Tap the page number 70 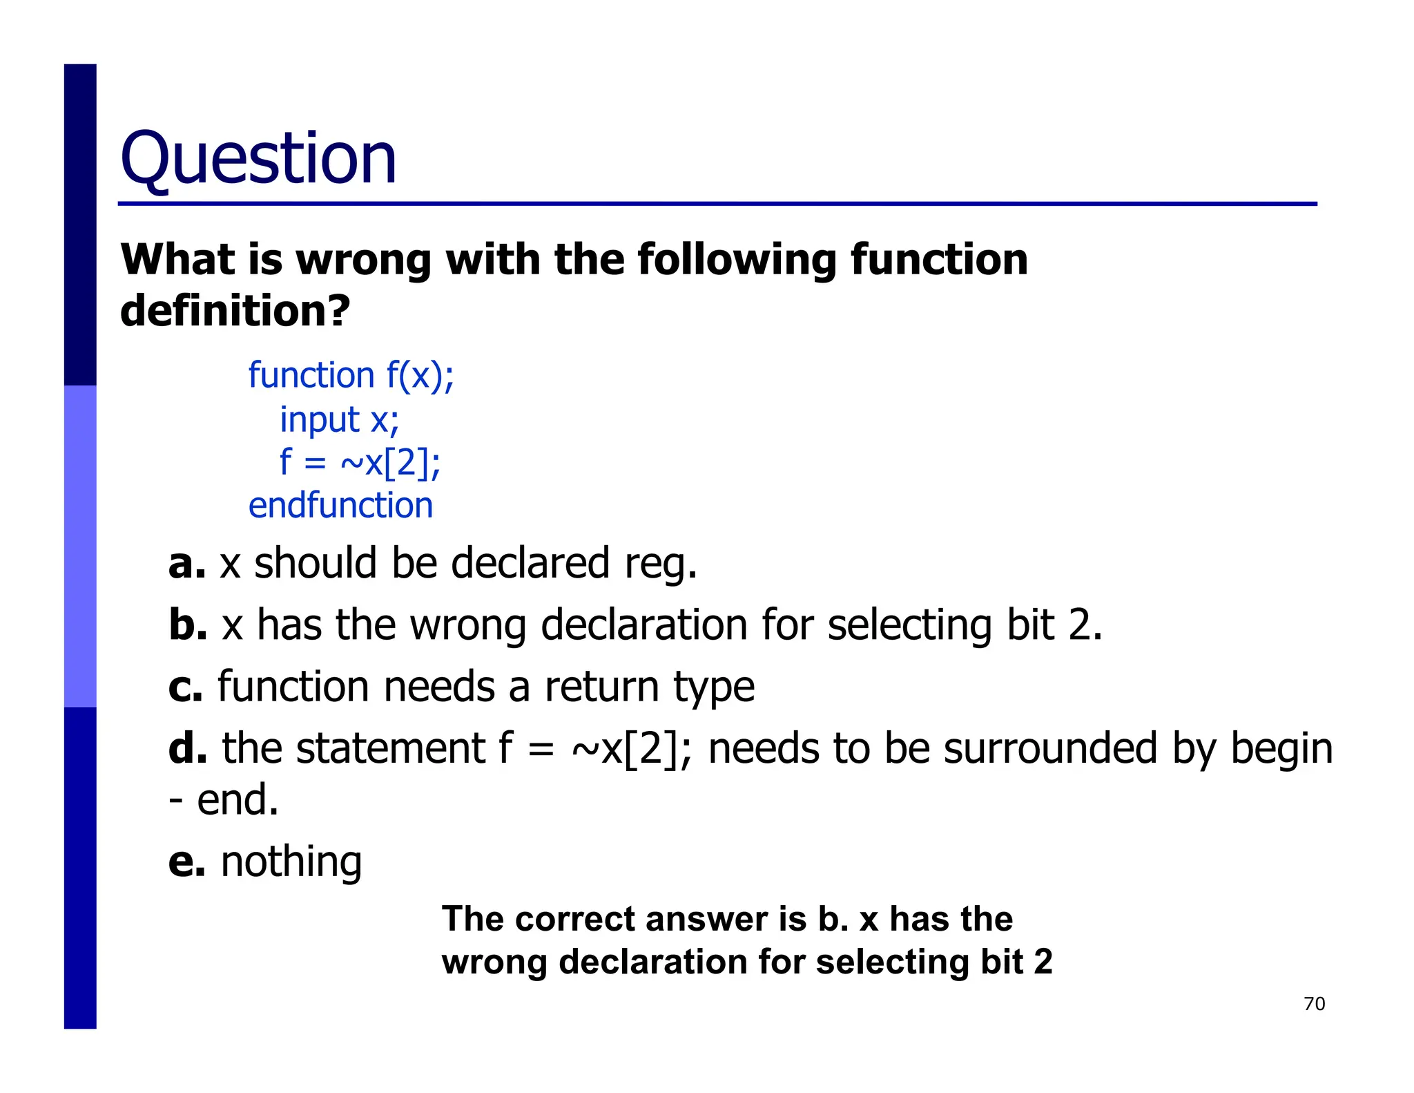coord(1314,1003)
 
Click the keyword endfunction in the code coord(340,506)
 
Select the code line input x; coord(339,419)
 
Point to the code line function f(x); coord(351,376)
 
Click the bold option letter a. coord(186,564)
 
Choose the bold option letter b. coord(188,625)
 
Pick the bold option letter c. coord(185,687)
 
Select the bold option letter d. coord(188,748)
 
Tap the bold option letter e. coord(186,862)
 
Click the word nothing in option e coord(291,862)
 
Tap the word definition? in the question coord(235,310)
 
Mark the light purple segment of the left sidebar coord(80,546)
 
